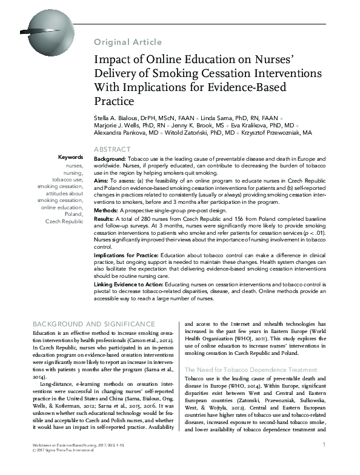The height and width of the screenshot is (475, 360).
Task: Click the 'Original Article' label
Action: (128, 42)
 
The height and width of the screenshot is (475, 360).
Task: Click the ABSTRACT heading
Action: (112, 149)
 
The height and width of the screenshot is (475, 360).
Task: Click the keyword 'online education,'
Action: (62, 207)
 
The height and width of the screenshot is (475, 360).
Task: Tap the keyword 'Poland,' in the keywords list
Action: (73, 214)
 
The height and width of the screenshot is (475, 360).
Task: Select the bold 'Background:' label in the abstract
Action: (110, 158)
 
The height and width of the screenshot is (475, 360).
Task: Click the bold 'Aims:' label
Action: (102, 182)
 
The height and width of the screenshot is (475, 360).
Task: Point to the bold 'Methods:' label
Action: (106, 209)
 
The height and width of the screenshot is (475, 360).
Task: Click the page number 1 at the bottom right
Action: (325, 462)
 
